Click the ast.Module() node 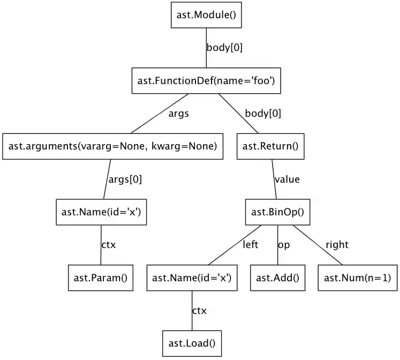pos(206,15)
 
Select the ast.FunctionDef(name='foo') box pos(206,81)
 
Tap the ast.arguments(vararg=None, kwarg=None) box pos(113,146)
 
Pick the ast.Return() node pos(270,146)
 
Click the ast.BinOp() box pos(277,212)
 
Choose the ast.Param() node pos(101,277)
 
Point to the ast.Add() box pos(277,277)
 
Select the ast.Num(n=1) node pos(358,277)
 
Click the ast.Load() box pos(192,343)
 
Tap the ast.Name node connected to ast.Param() pos(101,212)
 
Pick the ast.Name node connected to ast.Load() pos(192,277)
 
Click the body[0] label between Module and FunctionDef pos(224,47)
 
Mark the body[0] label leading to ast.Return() pos(262,113)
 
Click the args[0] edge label pos(125,179)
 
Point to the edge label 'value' pos(287,179)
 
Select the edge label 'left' pos(250,245)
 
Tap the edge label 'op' pos(284,245)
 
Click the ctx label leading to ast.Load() pos(199,311)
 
